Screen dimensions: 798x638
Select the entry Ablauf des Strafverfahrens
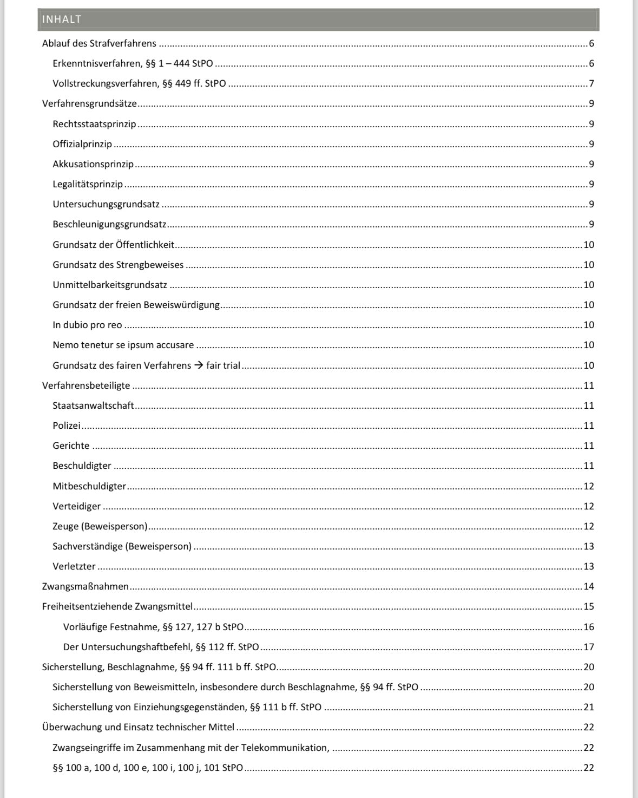(99, 44)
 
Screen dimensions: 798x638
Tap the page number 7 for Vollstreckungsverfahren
(591, 84)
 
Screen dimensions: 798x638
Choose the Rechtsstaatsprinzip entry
(94, 125)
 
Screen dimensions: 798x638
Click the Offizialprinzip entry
(82, 145)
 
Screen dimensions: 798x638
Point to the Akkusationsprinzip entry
(93, 165)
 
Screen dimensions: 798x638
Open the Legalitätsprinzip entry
(88, 185)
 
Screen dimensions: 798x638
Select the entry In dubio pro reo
(87, 325)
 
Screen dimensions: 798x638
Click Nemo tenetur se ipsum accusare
(123, 345)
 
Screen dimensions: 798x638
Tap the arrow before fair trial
(199, 365)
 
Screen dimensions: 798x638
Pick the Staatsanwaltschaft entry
(93, 406)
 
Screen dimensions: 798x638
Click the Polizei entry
(67, 426)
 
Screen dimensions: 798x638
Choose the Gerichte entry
(71, 446)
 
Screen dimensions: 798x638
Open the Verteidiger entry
(76, 507)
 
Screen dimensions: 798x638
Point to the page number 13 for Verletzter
(589, 567)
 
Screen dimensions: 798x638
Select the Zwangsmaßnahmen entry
(85, 587)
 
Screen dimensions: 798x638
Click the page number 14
(589, 587)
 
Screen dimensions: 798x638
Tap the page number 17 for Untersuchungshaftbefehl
(589, 647)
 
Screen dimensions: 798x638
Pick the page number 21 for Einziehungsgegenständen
(589, 708)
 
